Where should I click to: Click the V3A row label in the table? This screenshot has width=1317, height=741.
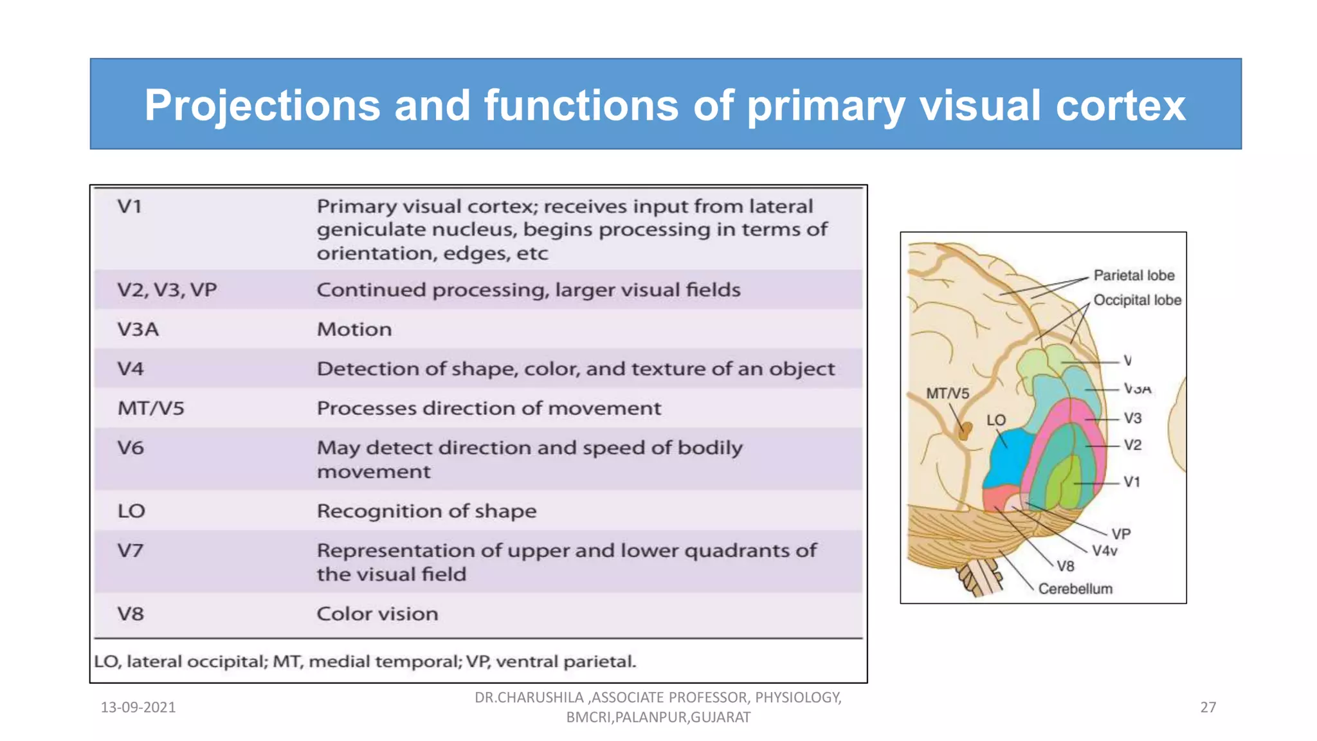tap(138, 329)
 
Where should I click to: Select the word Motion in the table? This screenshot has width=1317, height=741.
tap(354, 329)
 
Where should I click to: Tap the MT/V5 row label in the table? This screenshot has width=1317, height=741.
tap(150, 408)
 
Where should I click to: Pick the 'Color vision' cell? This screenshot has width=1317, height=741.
tap(377, 614)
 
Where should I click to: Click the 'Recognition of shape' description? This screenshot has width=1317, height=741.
tap(426, 511)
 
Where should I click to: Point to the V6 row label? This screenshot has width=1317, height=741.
tap(130, 448)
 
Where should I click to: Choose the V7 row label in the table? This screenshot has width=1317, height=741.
tap(130, 551)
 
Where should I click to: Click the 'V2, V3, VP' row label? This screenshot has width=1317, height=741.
tap(167, 289)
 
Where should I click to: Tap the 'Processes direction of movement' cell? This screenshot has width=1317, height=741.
tap(489, 408)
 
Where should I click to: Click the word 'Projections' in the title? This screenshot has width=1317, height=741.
tap(262, 105)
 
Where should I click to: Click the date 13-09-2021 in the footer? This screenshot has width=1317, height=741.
tap(138, 708)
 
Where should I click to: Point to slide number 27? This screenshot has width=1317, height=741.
tap(1208, 708)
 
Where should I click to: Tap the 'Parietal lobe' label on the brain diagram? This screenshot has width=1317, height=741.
tap(1134, 275)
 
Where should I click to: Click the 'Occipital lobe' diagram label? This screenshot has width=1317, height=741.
tap(1137, 300)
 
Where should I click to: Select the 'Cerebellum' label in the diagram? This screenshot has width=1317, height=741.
tap(1075, 589)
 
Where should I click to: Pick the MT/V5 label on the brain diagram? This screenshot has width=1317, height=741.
tap(947, 393)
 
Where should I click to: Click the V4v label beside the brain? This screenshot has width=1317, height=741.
tap(1105, 551)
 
